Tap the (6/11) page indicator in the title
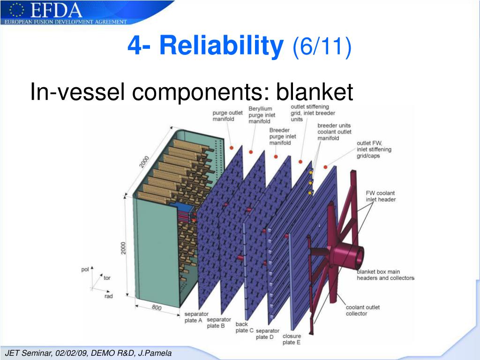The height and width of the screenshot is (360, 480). (322, 46)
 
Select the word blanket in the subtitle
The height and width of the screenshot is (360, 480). (314, 92)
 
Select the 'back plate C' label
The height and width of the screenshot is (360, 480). (244, 327)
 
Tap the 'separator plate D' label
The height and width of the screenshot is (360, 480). (268, 334)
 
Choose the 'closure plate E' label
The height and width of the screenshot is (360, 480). (292, 339)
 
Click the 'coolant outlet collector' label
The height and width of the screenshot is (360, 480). (363, 310)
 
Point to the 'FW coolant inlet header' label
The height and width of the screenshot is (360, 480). (381, 196)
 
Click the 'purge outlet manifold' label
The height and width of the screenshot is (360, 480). (227, 116)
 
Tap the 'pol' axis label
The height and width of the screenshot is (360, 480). (85, 270)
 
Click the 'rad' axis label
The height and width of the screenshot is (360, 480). (109, 296)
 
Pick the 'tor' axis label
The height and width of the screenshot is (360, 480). (107, 278)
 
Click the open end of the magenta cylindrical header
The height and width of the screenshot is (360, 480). (359, 256)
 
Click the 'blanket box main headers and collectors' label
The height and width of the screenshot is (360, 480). (385, 275)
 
